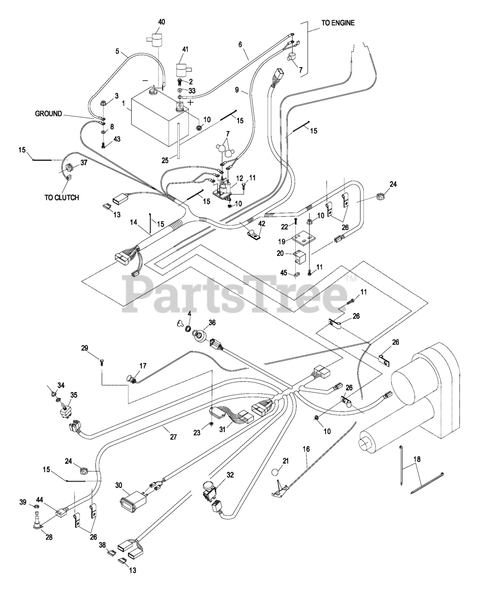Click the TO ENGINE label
[338, 23]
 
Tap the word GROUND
[48, 114]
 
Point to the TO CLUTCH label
[62, 197]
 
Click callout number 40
[162, 22]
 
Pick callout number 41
[185, 50]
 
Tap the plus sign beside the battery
[191, 102]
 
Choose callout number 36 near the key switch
[212, 323]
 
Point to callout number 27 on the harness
[173, 437]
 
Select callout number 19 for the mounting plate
[282, 242]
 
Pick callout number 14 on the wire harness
[134, 222]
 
